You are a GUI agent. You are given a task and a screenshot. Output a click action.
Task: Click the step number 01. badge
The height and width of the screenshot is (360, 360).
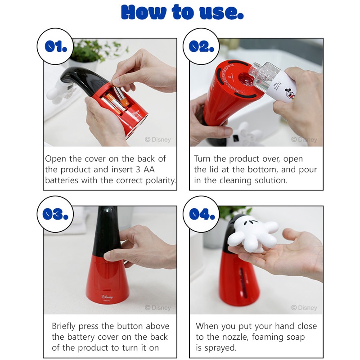click(x=55, y=47)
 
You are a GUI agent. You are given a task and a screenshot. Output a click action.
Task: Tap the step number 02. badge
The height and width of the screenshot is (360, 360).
click(x=201, y=47)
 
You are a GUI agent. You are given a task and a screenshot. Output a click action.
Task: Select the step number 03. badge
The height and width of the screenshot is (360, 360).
click(x=55, y=214)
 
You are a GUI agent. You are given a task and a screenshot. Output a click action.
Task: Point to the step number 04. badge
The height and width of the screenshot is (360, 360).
click(x=201, y=214)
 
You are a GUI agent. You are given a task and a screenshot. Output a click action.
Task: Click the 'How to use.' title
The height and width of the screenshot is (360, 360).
click(x=182, y=12)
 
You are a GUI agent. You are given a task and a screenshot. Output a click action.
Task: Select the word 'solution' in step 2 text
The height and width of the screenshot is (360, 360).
click(x=271, y=180)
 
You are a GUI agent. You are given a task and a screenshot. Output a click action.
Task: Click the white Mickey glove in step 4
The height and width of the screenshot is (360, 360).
click(x=252, y=234)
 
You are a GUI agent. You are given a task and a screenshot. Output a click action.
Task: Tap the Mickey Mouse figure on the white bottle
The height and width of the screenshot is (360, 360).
click(x=290, y=94)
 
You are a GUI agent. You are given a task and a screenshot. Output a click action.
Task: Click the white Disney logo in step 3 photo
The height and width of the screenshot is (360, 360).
click(x=107, y=297)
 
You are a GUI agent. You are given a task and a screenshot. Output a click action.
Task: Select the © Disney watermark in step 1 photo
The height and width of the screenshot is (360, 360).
click(x=158, y=139)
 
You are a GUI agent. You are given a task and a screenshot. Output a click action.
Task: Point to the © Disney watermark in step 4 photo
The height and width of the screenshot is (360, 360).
click(x=304, y=308)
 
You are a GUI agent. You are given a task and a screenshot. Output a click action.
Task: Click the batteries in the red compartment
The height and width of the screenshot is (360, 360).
click(x=116, y=99)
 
